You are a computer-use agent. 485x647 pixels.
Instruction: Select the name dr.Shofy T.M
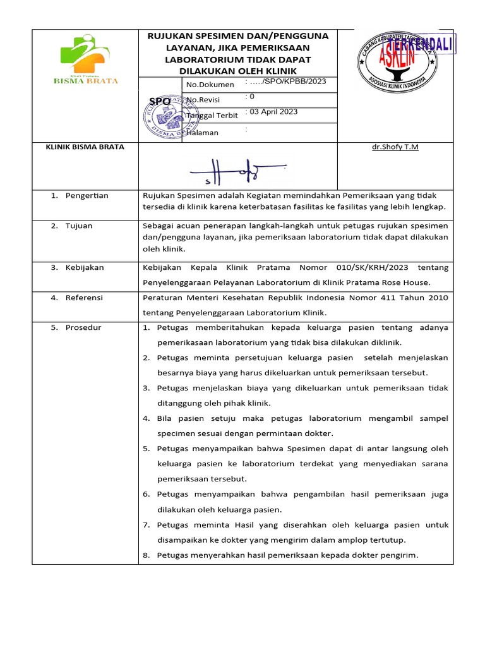pos(395,147)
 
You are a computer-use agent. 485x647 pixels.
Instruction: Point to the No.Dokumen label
pos(210,84)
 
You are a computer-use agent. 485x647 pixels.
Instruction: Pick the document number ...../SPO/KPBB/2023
pos(285,82)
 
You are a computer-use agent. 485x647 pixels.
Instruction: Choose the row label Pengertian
pos(87,195)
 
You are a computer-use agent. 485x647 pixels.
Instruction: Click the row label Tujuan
pos(79,226)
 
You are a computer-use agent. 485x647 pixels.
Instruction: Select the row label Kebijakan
pos(85,267)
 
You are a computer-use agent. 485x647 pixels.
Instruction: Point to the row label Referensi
pos(84,298)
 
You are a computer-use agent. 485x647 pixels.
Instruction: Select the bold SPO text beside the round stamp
pos(159,101)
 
